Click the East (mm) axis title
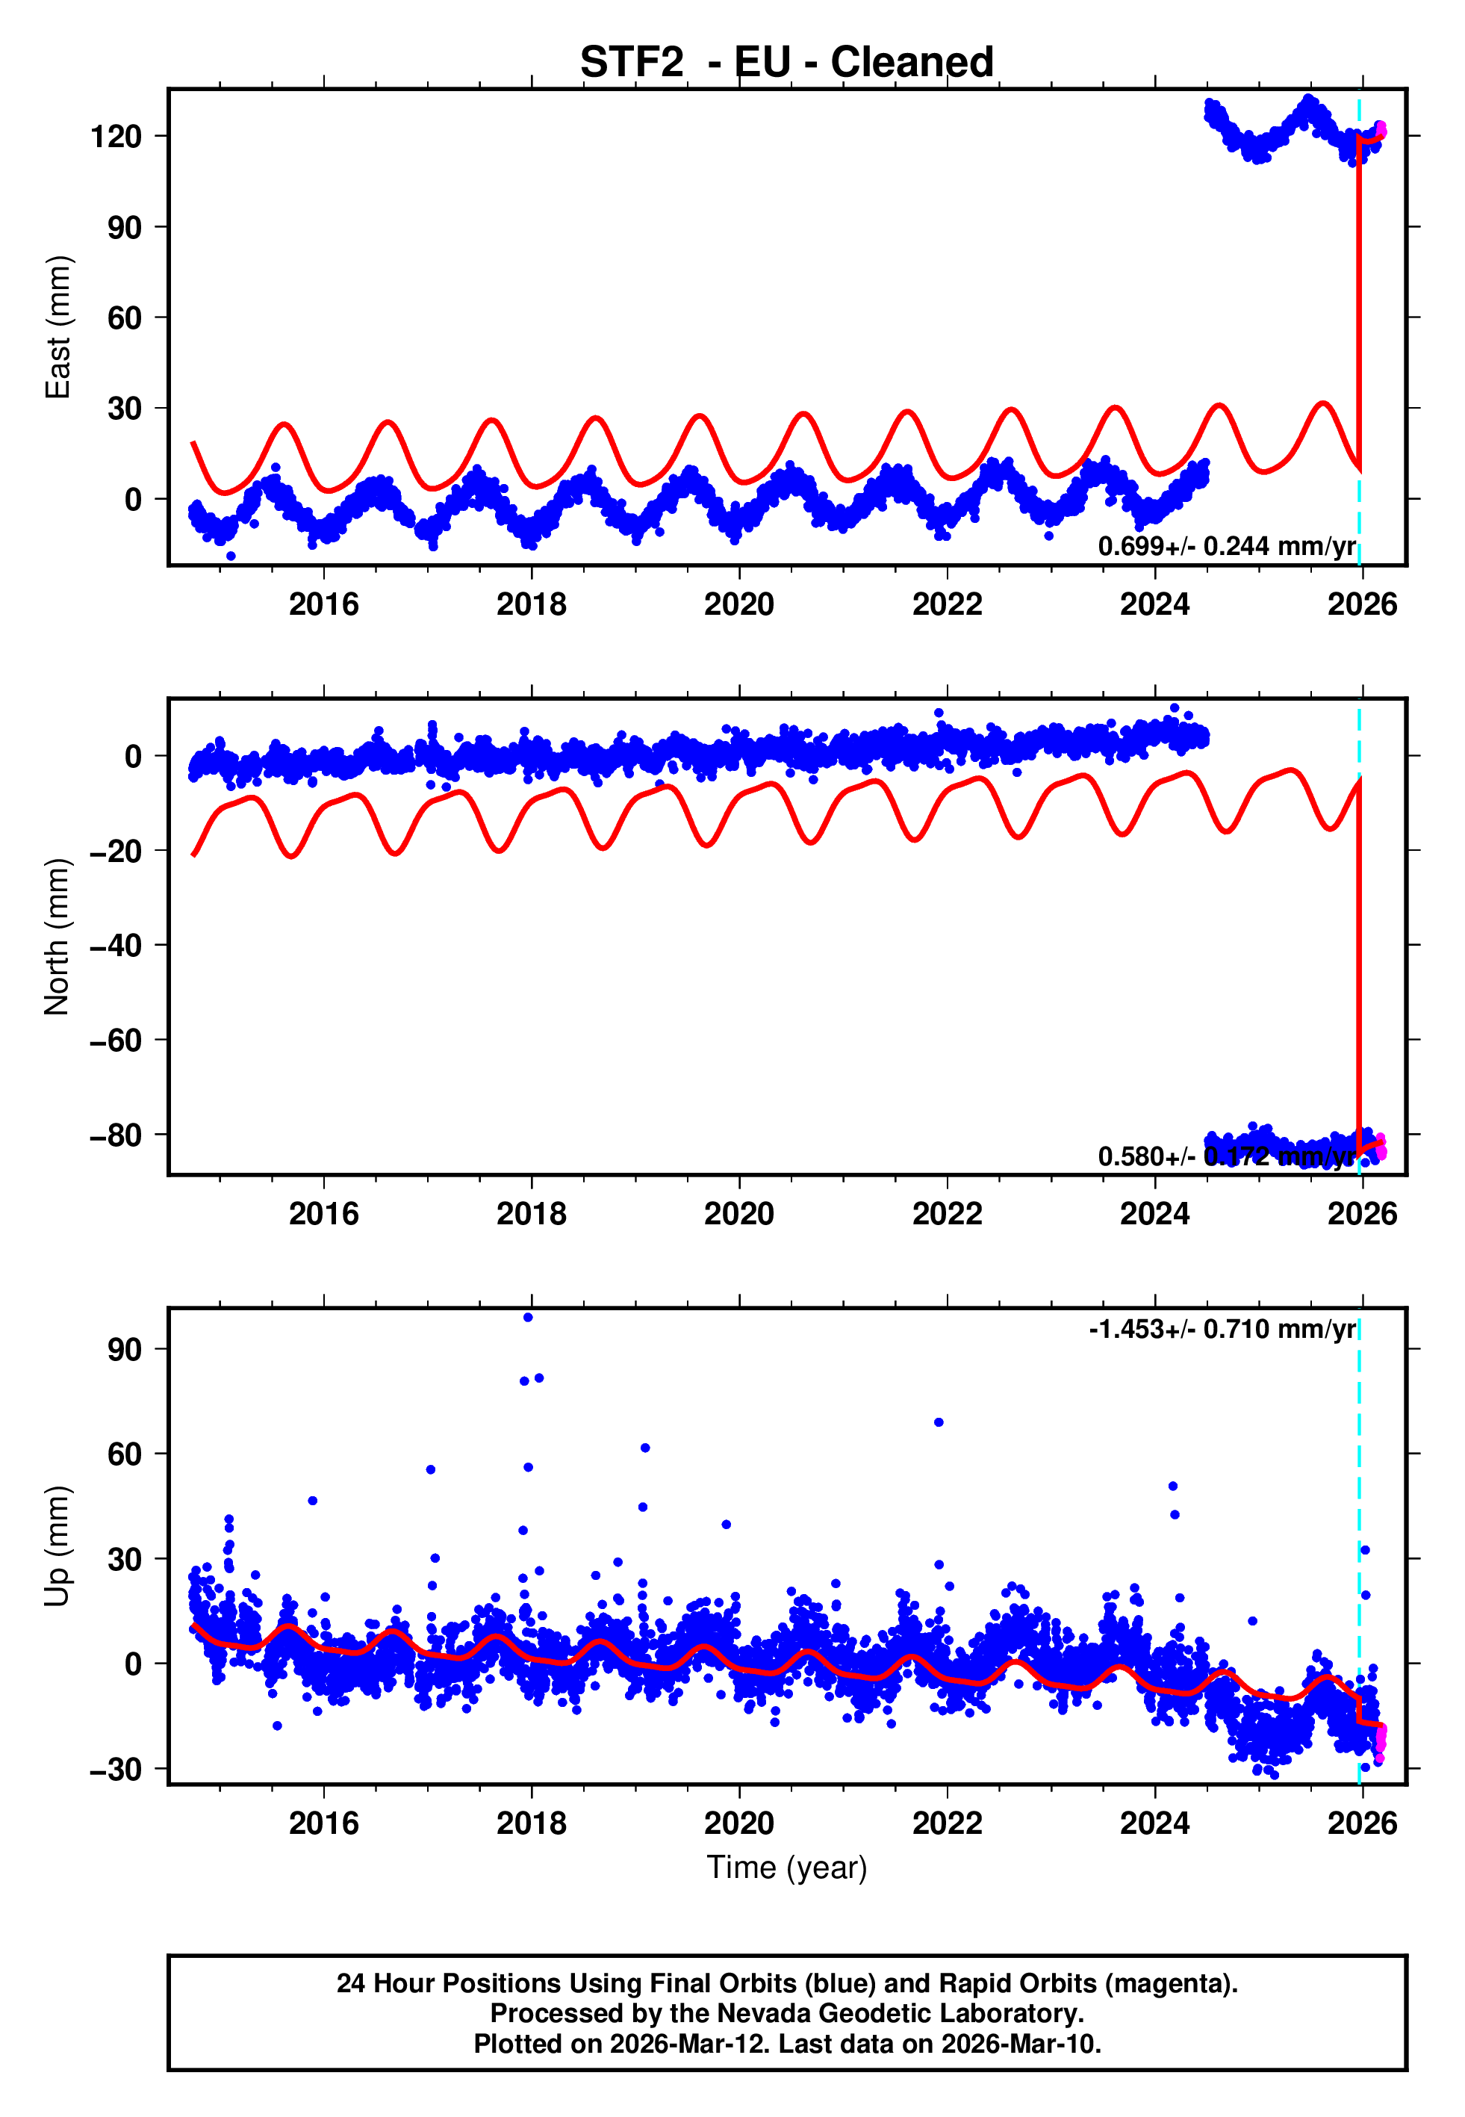[x=57, y=327]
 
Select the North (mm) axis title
[x=57, y=937]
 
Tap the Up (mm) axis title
[x=57, y=1546]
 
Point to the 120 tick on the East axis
[x=116, y=137]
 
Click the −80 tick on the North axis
[x=116, y=1135]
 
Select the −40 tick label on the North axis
[x=116, y=946]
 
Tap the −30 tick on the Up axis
[x=116, y=1768]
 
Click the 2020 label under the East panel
[x=739, y=604]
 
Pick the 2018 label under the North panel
[x=532, y=1214]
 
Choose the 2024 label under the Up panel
[x=1154, y=1823]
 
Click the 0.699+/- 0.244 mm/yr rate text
[x=1226, y=546]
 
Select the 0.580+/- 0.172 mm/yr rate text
[x=1226, y=1156]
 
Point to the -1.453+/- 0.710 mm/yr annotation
[x=1222, y=1330]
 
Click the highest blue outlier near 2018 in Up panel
[x=528, y=1318]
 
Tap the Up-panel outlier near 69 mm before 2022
[x=938, y=1422]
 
